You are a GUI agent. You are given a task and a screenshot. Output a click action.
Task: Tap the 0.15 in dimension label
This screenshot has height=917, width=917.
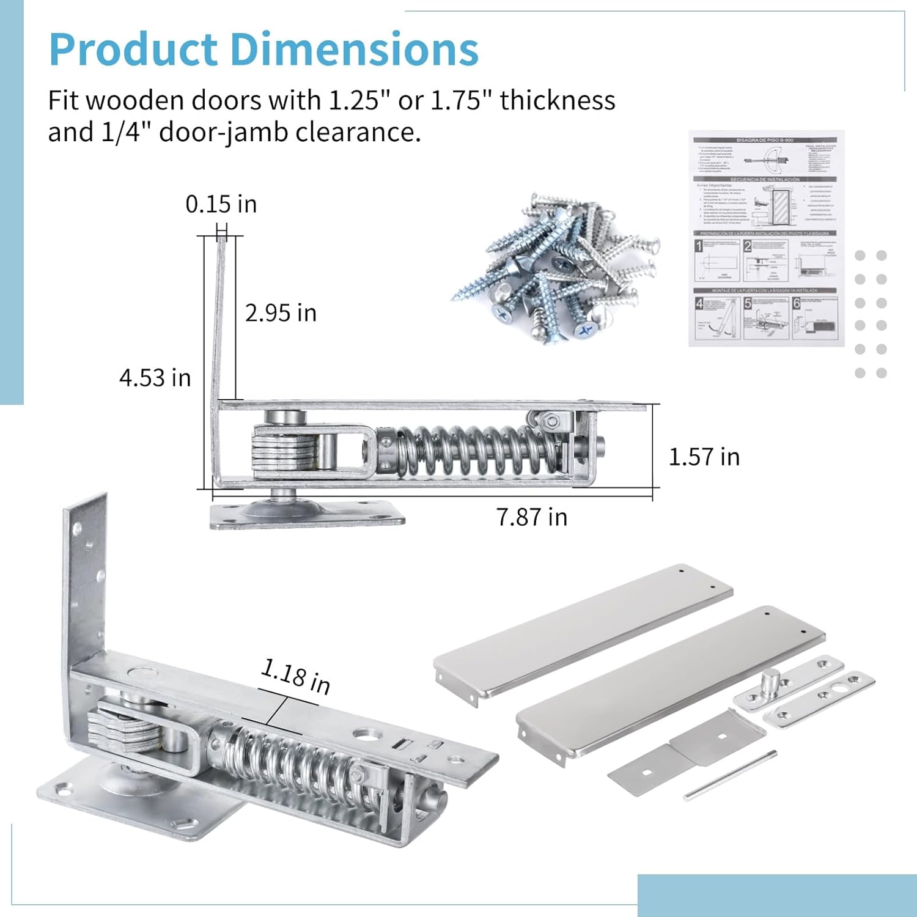click(x=221, y=204)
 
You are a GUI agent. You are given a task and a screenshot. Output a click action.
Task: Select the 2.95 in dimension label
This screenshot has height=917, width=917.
click(x=281, y=313)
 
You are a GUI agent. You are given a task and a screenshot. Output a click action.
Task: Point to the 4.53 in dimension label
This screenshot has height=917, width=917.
click(x=155, y=378)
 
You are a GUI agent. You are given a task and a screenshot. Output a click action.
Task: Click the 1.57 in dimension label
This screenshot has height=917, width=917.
click(x=704, y=457)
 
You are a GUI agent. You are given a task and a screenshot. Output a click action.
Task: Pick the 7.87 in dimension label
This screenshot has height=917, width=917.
click(x=531, y=517)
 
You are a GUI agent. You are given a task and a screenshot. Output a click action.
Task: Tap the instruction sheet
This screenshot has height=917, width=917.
click(x=766, y=238)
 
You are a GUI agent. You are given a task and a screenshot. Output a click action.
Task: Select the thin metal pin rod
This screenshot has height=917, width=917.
click(x=730, y=775)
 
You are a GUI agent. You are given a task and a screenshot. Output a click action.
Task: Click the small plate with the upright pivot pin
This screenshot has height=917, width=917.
click(x=789, y=683)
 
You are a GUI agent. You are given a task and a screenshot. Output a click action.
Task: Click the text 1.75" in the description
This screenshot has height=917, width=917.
click(x=462, y=100)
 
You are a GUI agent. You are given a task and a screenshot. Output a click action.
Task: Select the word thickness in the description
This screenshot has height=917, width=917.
click(x=557, y=100)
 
